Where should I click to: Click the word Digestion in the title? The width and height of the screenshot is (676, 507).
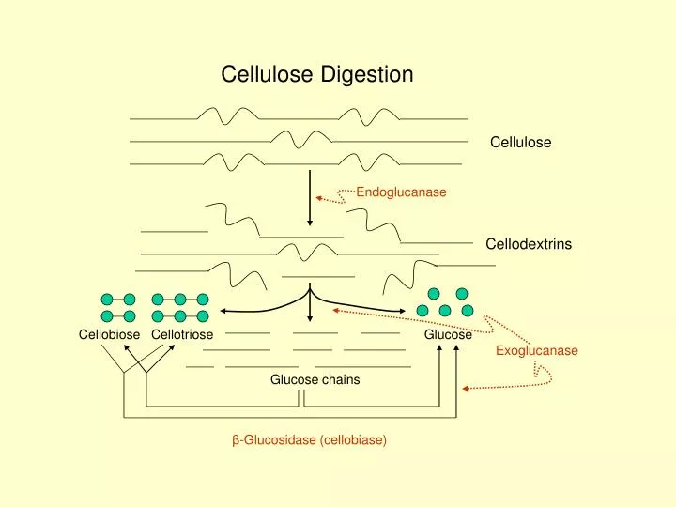point(367,74)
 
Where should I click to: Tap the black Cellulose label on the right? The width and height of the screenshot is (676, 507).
point(520,143)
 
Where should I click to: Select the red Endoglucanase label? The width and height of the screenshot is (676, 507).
point(401,192)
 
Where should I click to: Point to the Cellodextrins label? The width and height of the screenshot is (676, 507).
point(528,244)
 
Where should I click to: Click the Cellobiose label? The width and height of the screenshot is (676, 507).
point(109,335)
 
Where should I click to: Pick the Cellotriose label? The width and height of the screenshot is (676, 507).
point(182,335)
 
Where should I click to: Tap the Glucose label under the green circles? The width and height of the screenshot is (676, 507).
point(448,335)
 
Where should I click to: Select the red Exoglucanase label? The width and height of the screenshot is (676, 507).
point(537,350)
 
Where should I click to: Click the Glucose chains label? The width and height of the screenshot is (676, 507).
point(315,379)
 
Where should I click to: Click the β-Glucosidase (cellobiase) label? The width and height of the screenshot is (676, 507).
point(310,439)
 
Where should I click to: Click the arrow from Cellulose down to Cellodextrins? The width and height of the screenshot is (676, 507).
point(310,196)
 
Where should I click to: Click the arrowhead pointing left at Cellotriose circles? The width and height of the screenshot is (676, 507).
point(224,310)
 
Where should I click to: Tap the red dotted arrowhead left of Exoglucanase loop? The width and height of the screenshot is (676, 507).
point(465,387)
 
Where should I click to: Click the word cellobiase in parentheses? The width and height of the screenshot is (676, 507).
point(352,439)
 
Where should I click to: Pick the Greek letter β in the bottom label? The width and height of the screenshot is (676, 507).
point(237,439)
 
